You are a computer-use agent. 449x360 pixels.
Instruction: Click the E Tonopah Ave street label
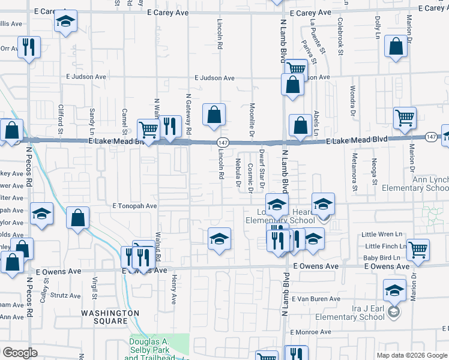[x=134, y=206]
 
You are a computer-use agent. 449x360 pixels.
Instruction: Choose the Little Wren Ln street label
[x=384, y=235]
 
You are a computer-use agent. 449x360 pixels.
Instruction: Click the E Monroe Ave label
[x=311, y=332]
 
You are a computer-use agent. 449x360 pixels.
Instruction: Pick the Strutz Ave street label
[x=65, y=296]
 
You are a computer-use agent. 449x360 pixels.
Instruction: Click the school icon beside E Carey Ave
[x=65, y=22]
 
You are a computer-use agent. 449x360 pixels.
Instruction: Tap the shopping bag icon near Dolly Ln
[x=396, y=47]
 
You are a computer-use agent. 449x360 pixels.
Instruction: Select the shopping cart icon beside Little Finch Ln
[x=418, y=249]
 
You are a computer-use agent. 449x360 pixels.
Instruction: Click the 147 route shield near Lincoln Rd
[x=223, y=142]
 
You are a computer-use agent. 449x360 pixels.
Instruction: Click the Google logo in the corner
[x=20, y=352]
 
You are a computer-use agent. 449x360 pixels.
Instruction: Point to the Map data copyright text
[x=412, y=355]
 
